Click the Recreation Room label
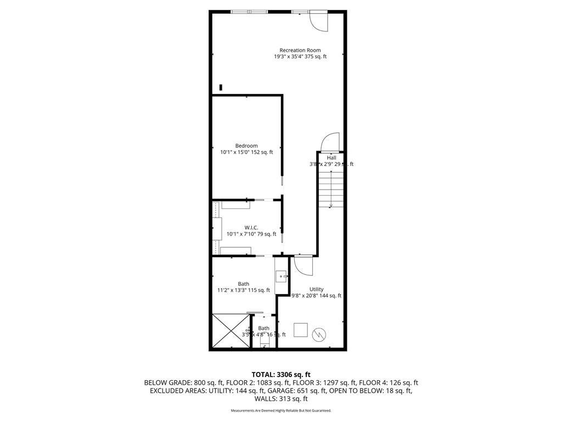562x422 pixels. coord(300,50)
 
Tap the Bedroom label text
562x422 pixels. coord(246,146)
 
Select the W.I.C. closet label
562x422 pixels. coord(251,227)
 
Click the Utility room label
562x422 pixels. coord(316,289)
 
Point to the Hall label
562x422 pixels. coord(331,158)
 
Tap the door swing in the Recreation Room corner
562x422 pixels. coord(318,21)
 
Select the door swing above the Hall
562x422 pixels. coord(330,142)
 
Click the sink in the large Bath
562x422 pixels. coord(282,276)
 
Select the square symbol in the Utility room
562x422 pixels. coord(300,330)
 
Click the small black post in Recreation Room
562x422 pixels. coord(221,87)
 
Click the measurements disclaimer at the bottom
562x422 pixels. coord(281,410)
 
